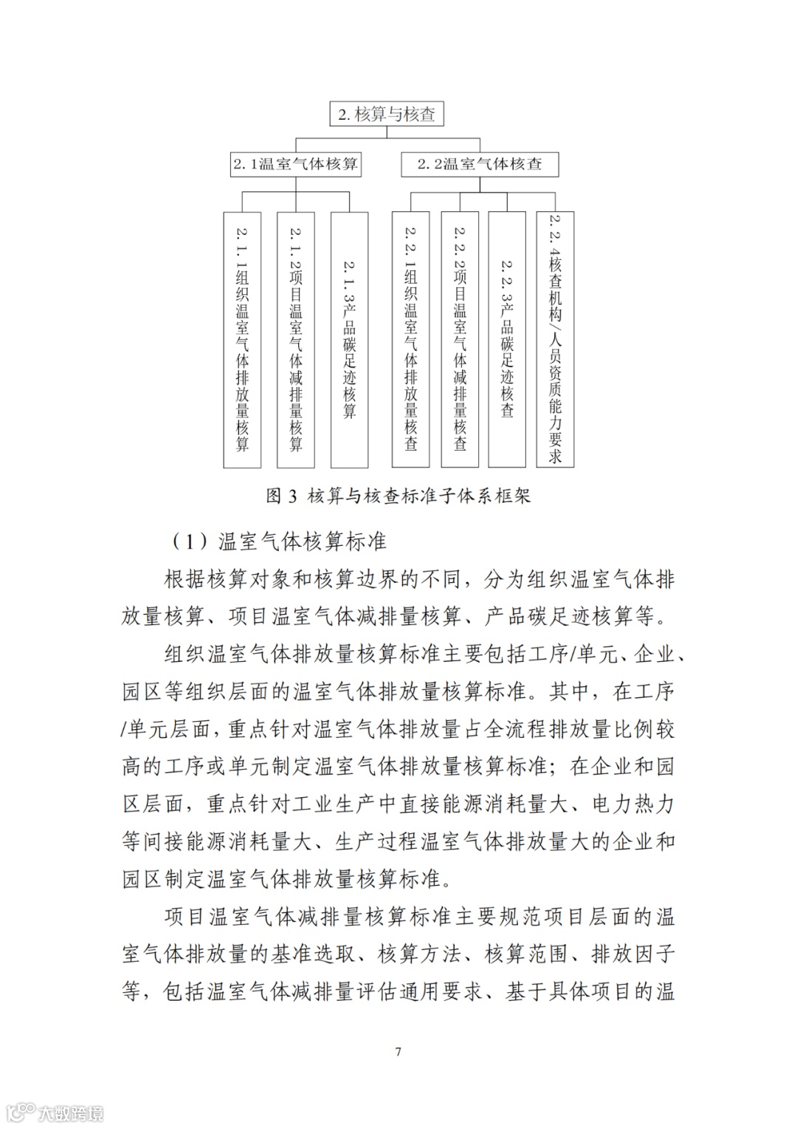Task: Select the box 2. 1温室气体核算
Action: (295, 164)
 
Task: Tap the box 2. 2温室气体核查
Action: (480, 164)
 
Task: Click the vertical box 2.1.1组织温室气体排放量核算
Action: (242, 340)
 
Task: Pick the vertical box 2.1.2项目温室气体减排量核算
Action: (296, 340)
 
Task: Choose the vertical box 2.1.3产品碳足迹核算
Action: (349, 340)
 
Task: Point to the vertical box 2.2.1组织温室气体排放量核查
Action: (410, 340)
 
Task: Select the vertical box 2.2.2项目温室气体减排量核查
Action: (460, 340)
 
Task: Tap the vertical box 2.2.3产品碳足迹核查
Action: (507, 340)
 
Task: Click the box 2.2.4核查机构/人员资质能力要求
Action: (555, 340)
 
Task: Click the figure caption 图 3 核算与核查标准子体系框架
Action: (398, 496)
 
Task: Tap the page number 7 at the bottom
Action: (398, 1052)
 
